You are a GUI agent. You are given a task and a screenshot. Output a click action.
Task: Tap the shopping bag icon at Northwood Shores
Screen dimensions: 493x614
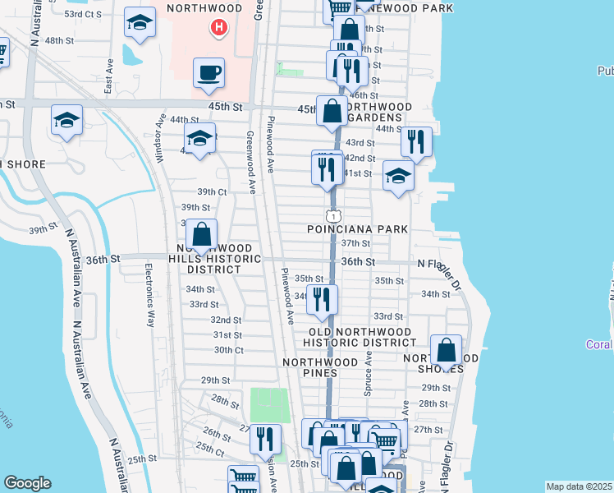[x=446, y=350]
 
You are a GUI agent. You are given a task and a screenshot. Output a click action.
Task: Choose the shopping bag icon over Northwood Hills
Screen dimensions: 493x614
[x=201, y=235]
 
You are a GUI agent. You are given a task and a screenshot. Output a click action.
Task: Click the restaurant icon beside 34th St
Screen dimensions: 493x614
[x=323, y=299]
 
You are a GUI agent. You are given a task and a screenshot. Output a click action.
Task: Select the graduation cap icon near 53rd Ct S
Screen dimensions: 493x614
[x=140, y=23]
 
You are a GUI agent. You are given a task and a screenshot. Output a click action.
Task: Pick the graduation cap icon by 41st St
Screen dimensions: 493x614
[x=398, y=176]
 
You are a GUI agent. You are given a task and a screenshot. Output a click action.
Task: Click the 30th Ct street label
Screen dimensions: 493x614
[x=228, y=350]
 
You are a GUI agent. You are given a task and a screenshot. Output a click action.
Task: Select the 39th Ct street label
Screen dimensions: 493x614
[x=211, y=191]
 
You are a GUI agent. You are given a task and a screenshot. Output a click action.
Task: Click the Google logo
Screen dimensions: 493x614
[x=27, y=482]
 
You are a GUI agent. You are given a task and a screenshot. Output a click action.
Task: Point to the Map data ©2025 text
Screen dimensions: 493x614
[x=579, y=486]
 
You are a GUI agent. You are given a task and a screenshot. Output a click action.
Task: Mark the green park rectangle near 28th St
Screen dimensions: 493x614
[x=269, y=404]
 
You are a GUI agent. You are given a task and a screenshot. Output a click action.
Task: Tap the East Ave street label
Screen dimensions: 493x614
[x=108, y=75]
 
